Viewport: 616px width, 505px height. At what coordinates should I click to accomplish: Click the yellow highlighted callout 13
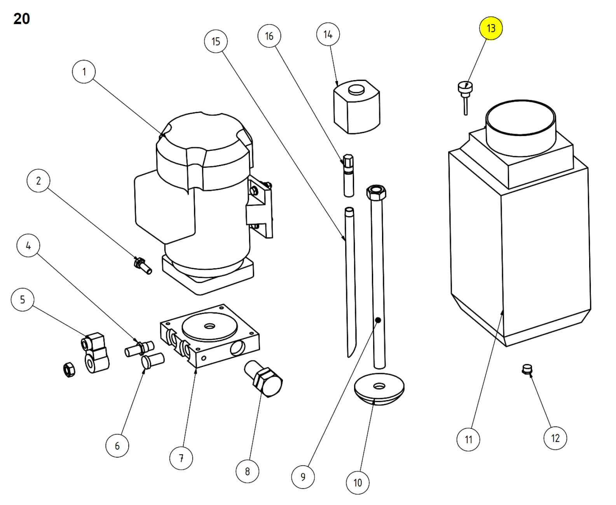pyautogui.click(x=490, y=28)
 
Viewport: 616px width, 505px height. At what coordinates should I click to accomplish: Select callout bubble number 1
pyautogui.click(x=84, y=72)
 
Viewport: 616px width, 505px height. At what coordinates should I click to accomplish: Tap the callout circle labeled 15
pyautogui.click(x=216, y=41)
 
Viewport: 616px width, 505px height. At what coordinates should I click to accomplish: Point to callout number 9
pyautogui.click(x=303, y=477)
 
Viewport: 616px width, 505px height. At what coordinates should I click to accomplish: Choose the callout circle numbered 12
pyautogui.click(x=555, y=438)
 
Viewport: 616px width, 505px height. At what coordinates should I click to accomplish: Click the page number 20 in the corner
pyautogui.click(x=21, y=19)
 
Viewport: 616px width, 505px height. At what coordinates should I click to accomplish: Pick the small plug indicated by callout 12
pyautogui.click(x=526, y=369)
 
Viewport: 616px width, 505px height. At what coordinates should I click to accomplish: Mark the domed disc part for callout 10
pyautogui.click(x=379, y=391)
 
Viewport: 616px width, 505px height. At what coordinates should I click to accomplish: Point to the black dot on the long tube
pyautogui.click(x=377, y=320)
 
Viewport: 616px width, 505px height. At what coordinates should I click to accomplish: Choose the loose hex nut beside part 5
pyautogui.click(x=69, y=370)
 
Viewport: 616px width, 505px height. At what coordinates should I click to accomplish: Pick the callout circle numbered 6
pyautogui.click(x=117, y=446)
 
